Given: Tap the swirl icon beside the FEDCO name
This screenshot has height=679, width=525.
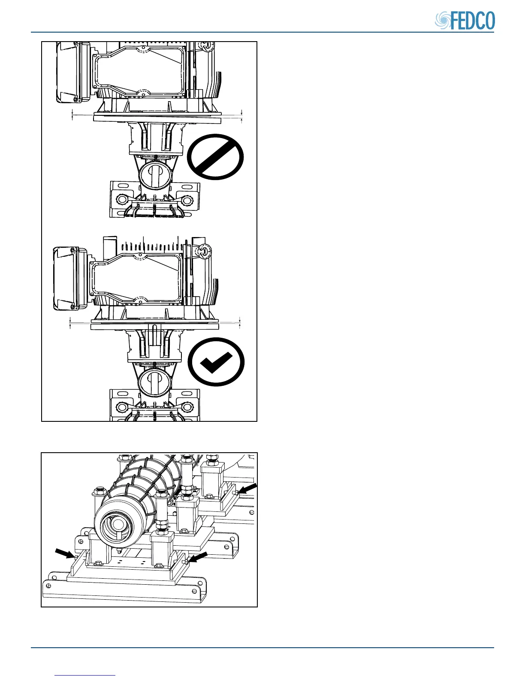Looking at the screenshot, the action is coord(443,21).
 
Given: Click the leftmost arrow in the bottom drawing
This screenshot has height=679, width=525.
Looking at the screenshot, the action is coord(65,553).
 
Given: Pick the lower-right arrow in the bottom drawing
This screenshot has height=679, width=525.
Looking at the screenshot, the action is coord(199,557).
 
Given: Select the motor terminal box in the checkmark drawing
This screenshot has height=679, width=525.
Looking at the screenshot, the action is coord(66,279).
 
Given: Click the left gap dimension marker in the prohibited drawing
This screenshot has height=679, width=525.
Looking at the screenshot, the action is coord(72,114).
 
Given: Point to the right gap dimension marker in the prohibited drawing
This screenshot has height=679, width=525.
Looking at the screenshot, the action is coord(242,116).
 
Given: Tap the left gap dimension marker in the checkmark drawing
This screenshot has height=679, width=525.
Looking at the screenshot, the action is coord(70,322).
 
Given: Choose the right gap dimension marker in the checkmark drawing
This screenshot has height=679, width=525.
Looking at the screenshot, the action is coord(240,322).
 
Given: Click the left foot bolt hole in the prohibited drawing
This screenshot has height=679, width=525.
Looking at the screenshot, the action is coord(121,201).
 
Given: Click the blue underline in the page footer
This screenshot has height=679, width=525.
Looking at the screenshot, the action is coord(85,675).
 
